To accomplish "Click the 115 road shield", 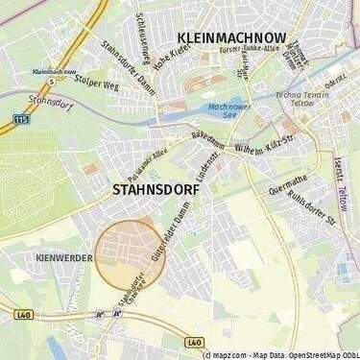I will tap(21, 118).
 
